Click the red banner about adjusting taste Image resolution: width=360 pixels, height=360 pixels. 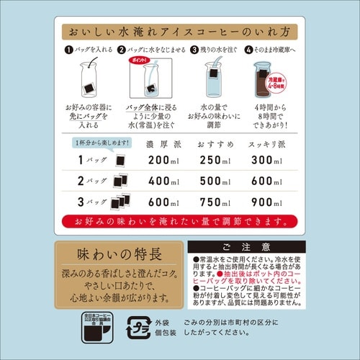point(179,219)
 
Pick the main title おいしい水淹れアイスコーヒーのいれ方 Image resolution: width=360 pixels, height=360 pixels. point(179,33)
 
